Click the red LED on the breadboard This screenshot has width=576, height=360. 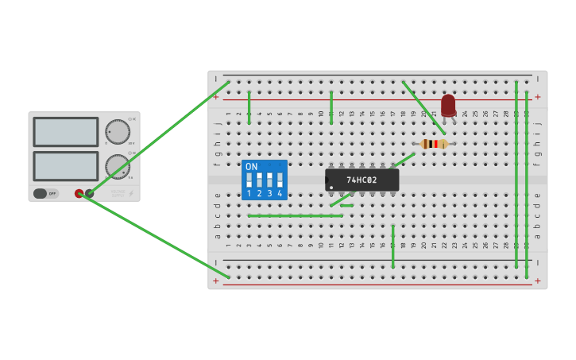point(448,105)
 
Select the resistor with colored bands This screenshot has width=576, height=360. point(434,144)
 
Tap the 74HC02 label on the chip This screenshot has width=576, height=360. point(361,180)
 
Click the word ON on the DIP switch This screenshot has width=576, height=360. point(251,167)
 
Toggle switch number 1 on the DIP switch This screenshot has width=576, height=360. point(249,180)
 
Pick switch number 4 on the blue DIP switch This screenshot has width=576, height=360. point(280,180)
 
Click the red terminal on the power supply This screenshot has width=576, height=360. point(79,193)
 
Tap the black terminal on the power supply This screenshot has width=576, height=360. point(89,193)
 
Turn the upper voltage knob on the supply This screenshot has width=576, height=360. point(117,132)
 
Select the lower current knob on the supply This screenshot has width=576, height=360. point(117,166)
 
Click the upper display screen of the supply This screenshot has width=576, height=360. point(66,132)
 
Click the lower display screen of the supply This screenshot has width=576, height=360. point(66,165)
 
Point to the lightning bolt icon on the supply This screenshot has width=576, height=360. point(131,193)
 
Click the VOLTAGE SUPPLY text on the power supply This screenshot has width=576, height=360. point(118,193)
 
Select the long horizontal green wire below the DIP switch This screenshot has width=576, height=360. point(295,215)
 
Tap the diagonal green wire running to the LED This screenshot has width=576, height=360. point(423,107)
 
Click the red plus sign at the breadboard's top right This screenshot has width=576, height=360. point(537,97)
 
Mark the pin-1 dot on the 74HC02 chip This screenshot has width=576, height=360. point(331,188)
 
